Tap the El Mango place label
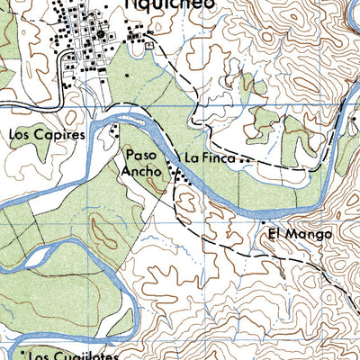[300, 234]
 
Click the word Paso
[142, 154]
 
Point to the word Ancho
[144, 169]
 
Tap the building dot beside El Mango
[263, 221]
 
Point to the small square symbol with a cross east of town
[149, 42]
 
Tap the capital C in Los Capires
[40, 135]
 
